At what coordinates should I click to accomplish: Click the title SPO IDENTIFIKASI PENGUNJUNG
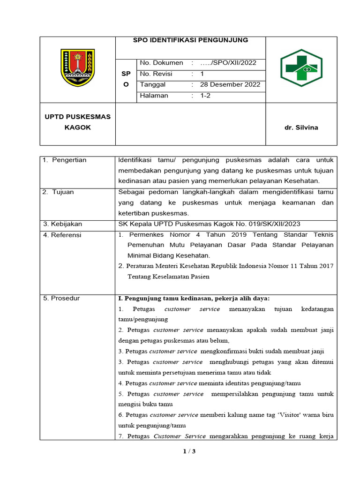click(x=190, y=40)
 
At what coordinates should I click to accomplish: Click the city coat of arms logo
click(x=78, y=68)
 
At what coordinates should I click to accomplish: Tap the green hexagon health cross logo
click(x=301, y=68)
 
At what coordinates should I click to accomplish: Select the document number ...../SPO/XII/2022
click(x=228, y=63)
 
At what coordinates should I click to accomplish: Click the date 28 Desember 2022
click(x=230, y=85)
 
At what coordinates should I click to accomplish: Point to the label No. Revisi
click(x=156, y=74)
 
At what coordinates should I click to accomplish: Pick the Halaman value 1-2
click(x=205, y=96)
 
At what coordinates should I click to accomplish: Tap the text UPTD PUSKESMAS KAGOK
click(x=78, y=122)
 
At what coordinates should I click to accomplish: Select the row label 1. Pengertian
click(x=65, y=160)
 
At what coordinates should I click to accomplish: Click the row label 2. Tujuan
click(x=59, y=192)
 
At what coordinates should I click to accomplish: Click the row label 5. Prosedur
click(x=61, y=298)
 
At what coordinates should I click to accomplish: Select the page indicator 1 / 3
click(x=189, y=451)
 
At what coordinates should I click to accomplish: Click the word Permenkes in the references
click(x=145, y=235)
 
